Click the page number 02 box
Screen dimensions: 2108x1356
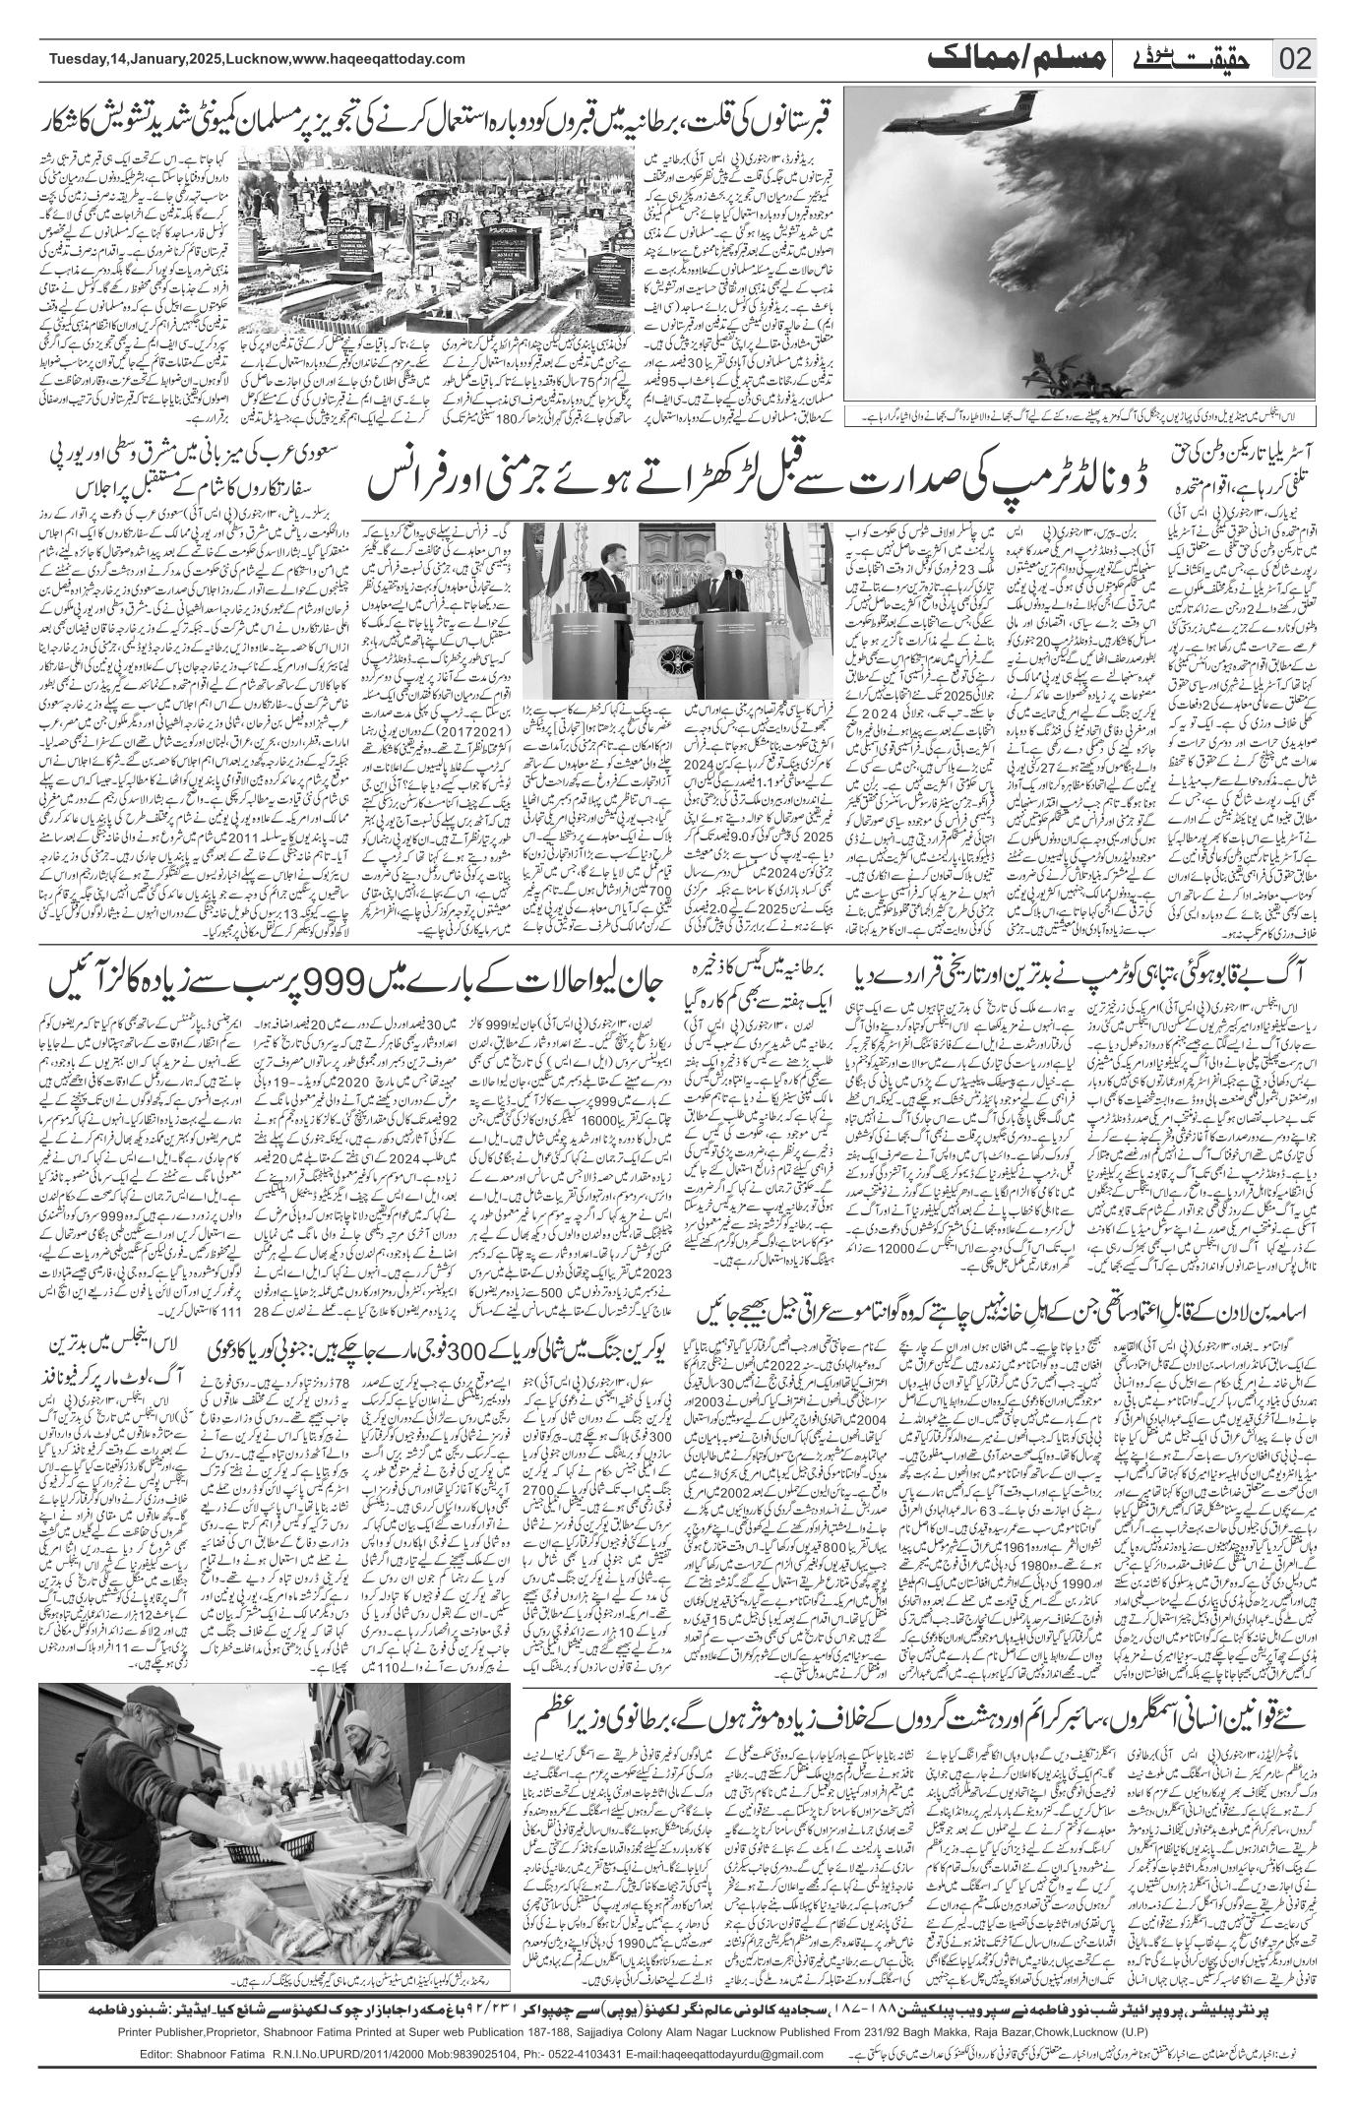[1296, 60]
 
